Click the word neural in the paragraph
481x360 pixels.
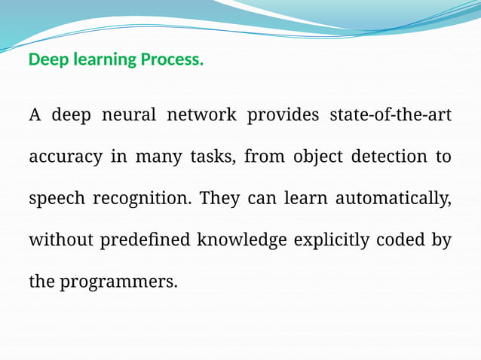tap(130, 115)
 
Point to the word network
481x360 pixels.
tap(201, 115)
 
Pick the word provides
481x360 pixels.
tap(283, 115)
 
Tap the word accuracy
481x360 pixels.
tap(66, 157)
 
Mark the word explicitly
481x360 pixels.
tap(331, 240)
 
